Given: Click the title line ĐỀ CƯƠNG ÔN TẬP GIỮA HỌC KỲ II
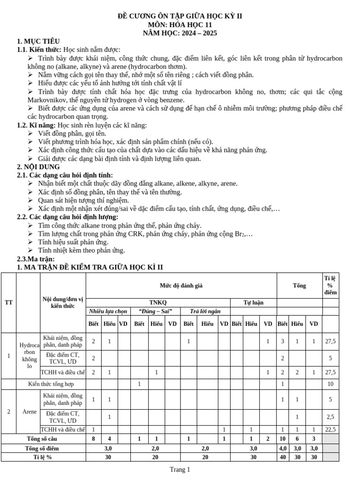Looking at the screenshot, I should pyautogui.click(x=180, y=16).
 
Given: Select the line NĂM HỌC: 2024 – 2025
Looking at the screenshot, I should pyautogui.click(x=180, y=33).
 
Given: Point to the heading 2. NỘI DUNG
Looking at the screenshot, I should pyautogui.click(x=38, y=167).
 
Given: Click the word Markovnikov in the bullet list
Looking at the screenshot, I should pyautogui.click(x=50, y=100).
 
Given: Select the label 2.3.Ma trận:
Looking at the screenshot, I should pyautogui.click(x=36, y=259).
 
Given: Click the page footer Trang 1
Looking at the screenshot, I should pyautogui.click(x=180, y=470).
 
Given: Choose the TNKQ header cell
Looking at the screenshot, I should pyautogui.click(x=158, y=303).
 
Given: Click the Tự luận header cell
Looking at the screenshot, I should pyautogui.click(x=253, y=303).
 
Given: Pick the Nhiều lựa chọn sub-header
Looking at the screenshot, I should pyautogui.click(x=108, y=311).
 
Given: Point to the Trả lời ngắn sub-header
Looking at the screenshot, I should pyautogui.click(x=205, y=311).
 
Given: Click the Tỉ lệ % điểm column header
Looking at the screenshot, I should pyautogui.click(x=330, y=285).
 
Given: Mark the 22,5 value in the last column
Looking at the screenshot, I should pyautogui.click(x=330, y=429).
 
